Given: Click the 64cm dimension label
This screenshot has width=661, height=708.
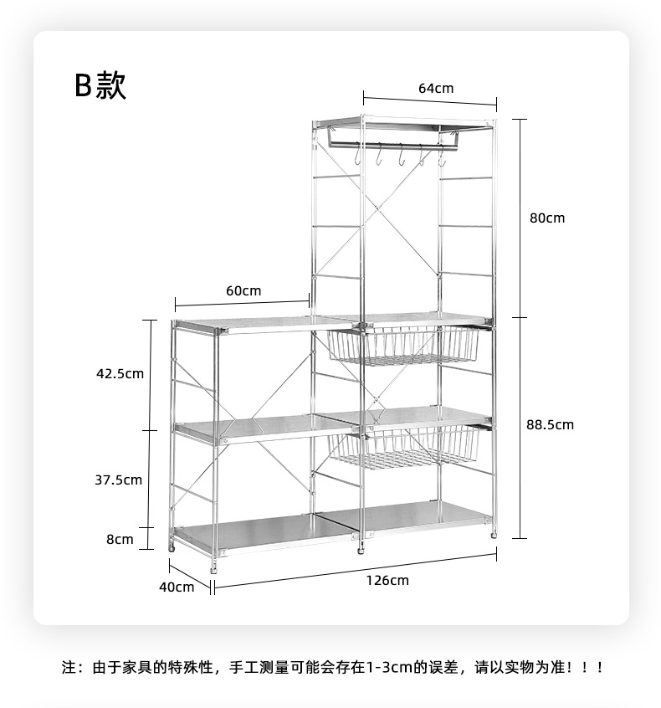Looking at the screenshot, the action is (x=435, y=89).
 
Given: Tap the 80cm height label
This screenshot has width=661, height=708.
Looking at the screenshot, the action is (x=547, y=218).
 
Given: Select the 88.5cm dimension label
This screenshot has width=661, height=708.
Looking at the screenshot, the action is (x=550, y=425).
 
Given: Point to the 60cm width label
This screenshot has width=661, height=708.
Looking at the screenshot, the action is (x=243, y=291).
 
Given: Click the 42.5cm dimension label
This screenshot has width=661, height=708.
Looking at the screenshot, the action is (x=120, y=373).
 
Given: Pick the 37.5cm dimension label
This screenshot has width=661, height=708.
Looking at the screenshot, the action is (x=118, y=480).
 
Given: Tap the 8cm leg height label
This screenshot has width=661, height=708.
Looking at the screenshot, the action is (x=120, y=539).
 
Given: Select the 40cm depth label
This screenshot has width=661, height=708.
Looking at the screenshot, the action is (x=177, y=587).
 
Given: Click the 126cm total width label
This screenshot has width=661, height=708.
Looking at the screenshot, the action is (x=387, y=580).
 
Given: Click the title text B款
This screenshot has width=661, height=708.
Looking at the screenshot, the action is (x=100, y=85).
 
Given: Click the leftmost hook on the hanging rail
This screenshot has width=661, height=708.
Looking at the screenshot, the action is (x=358, y=156).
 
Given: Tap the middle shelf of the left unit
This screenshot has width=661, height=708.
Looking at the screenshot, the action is (x=251, y=428).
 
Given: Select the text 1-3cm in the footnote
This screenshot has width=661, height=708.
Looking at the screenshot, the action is (x=394, y=668).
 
